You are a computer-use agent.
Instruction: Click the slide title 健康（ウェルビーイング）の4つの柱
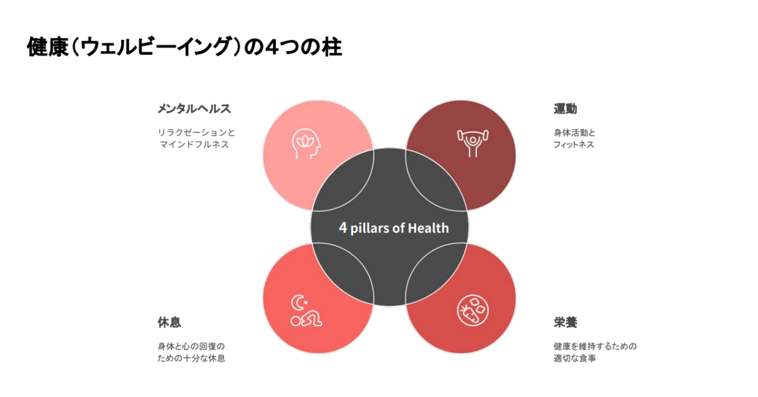[x=184, y=46]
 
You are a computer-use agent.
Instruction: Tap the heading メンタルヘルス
[x=195, y=109]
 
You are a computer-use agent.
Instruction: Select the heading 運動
[x=565, y=109]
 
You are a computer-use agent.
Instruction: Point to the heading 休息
[x=169, y=322]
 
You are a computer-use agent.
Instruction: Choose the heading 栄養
[x=565, y=322]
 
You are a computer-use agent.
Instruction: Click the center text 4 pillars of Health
[x=394, y=228]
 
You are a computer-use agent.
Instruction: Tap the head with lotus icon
[x=306, y=144]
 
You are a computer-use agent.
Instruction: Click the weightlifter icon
[x=472, y=144]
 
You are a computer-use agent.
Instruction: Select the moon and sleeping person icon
[x=306, y=311]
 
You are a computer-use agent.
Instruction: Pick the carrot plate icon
[x=472, y=310]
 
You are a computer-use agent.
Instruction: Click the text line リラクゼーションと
[x=196, y=133]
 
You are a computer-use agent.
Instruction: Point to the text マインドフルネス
[x=194, y=145]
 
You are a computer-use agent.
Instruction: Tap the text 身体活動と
[x=574, y=133]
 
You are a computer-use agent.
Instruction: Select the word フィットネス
[x=574, y=145]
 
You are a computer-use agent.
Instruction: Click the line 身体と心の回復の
[x=191, y=346]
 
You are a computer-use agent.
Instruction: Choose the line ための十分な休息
[x=191, y=358]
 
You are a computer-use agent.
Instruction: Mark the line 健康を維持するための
[x=595, y=346]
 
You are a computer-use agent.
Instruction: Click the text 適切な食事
[x=575, y=358]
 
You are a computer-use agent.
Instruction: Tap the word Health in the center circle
[x=428, y=228]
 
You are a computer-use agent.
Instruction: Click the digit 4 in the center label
[x=343, y=228]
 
